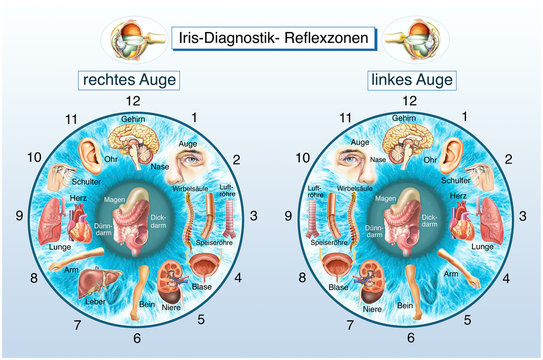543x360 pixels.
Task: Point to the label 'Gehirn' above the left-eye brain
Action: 404,118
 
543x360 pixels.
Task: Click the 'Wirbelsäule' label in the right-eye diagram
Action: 188,187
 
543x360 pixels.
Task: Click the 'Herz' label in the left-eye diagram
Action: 458,197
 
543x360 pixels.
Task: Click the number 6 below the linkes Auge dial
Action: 405,338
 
